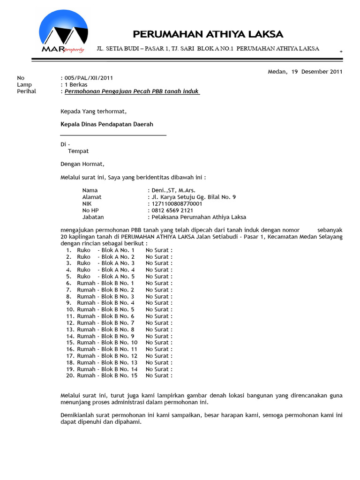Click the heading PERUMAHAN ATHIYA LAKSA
click(x=208, y=34)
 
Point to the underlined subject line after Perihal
click(x=132, y=91)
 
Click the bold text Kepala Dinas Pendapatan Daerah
click(x=107, y=124)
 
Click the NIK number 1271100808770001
click(x=176, y=204)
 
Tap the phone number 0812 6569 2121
click(x=172, y=210)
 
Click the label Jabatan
click(x=93, y=217)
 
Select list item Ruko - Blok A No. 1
click(x=105, y=250)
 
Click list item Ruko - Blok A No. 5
click(x=105, y=277)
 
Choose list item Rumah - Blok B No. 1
click(x=105, y=283)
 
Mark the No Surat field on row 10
click(x=159, y=309)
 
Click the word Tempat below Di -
click(x=78, y=151)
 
